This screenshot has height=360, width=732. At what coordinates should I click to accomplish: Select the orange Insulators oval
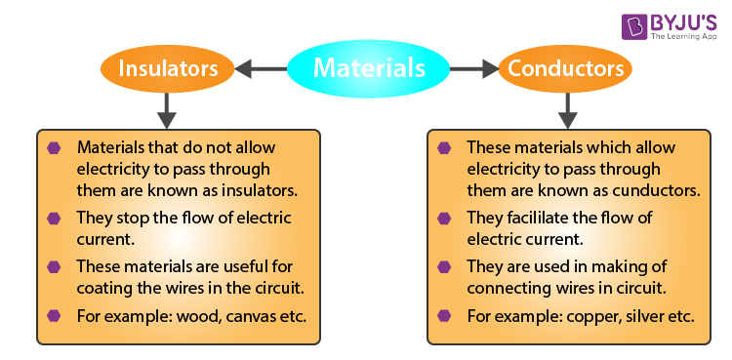[x=166, y=68]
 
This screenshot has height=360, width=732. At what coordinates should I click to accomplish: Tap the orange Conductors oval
[x=563, y=68]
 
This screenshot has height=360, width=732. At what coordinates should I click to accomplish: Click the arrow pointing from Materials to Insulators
[x=261, y=68]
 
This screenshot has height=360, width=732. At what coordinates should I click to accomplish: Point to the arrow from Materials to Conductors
[x=473, y=68]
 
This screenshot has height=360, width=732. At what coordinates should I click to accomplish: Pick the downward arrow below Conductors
[x=563, y=109]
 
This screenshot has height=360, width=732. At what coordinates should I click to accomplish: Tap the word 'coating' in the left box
[x=105, y=290]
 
